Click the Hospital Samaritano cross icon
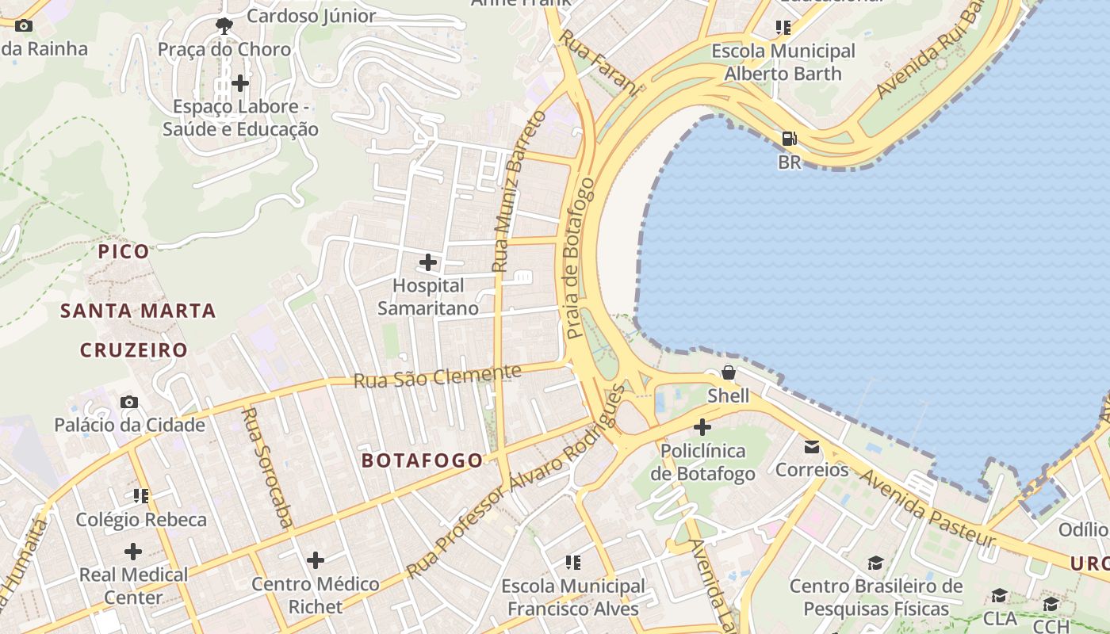pyautogui.click(x=428, y=262)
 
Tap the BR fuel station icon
pyautogui.click(x=789, y=139)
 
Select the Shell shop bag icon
pyautogui.click(x=728, y=372)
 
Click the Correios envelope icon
pyautogui.click(x=812, y=447)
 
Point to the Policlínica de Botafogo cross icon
pyautogui.click(x=702, y=428)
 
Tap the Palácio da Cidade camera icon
pyautogui.click(x=129, y=403)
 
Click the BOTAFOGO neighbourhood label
pyautogui.click(x=422, y=460)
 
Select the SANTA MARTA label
pyautogui.click(x=138, y=311)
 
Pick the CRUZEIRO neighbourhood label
pyautogui.click(x=134, y=349)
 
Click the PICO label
pyautogui.click(x=124, y=252)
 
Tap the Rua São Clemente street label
pyautogui.click(x=437, y=376)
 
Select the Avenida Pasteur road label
pyautogui.click(x=927, y=507)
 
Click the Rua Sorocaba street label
pyautogui.click(x=267, y=467)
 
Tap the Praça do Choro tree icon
pyautogui.click(x=224, y=25)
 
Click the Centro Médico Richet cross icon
pyautogui.click(x=316, y=560)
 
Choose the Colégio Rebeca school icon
pyautogui.click(x=141, y=496)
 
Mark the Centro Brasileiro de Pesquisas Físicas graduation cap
pyautogui.click(x=875, y=563)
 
